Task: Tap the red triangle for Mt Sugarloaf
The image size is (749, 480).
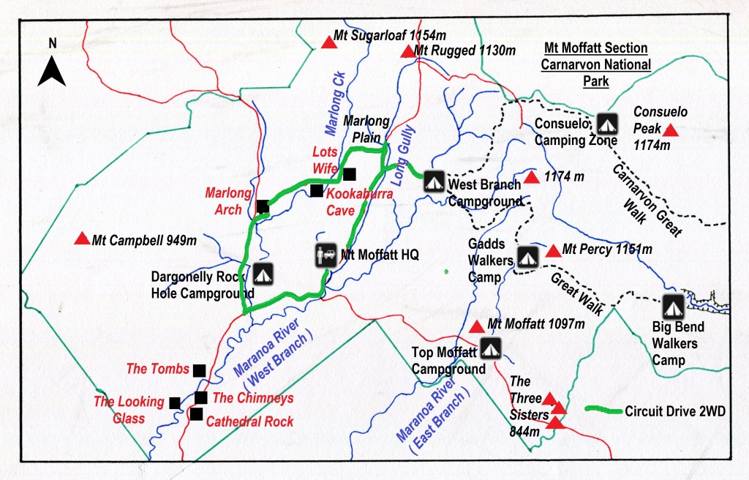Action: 328,43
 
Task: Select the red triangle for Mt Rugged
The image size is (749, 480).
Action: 407,51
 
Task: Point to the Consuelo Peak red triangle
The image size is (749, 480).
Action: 670,130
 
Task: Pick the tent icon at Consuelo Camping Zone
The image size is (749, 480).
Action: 606,123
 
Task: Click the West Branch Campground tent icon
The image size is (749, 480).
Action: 434,181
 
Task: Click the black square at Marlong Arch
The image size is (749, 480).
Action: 263,208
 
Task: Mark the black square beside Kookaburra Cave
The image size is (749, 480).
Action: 316,191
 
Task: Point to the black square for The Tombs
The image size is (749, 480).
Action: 199,370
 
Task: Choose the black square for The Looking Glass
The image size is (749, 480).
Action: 175,402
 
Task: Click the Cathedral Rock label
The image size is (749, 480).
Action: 249,421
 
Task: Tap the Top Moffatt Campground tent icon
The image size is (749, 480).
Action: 490,348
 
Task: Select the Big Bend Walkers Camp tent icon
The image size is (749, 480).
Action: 672,305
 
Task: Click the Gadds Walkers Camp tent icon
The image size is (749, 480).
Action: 527,256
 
